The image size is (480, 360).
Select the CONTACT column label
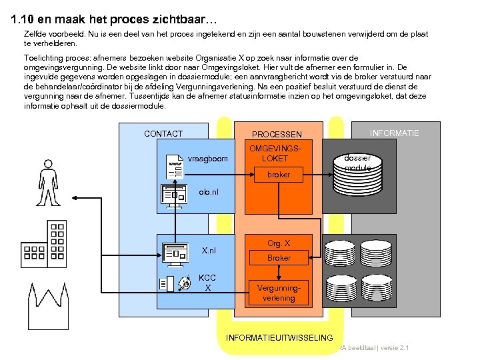(x=163, y=134)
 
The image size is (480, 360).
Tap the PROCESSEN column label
(x=277, y=135)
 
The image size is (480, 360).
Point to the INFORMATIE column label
(x=395, y=133)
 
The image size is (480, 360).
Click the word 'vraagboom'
(x=208, y=159)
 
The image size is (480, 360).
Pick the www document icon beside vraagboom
(x=175, y=165)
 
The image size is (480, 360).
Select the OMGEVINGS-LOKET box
(x=279, y=153)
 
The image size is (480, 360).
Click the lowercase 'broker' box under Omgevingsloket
(x=279, y=175)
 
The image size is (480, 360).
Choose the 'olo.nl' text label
(x=208, y=192)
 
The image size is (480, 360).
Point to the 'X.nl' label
(x=209, y=251)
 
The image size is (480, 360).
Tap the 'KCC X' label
(x=207, y=283)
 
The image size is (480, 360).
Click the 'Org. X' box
(x=279, y=243)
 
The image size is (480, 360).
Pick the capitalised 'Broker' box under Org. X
(x=279, y=258)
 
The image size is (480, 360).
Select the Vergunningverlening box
(x=279, y=293)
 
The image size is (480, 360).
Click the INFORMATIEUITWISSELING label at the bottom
(x=279, y=337)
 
